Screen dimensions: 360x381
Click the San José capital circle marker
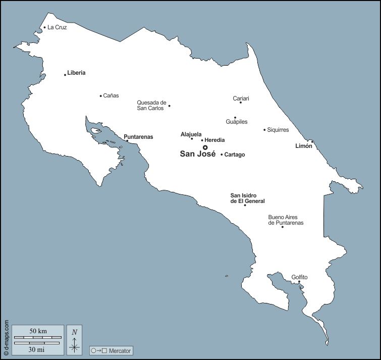205,147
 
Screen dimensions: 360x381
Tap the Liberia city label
76,73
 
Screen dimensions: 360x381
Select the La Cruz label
57,27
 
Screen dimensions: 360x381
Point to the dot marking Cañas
101,96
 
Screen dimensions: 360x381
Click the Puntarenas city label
138,137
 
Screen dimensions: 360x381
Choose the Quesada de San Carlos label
151,106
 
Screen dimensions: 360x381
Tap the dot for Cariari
241,102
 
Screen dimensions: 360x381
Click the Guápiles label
236,122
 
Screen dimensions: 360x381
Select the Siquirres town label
278,130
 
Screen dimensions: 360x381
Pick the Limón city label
304,146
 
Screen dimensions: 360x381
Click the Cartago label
234,155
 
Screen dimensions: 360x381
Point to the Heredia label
214,140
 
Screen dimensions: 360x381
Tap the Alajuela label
191,134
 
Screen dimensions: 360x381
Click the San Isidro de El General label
248,198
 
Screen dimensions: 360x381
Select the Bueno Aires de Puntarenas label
286,220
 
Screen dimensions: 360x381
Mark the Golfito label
299,277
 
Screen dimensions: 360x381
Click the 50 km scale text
38,331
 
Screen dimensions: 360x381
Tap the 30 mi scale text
36,349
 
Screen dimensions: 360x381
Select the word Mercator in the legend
120,350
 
